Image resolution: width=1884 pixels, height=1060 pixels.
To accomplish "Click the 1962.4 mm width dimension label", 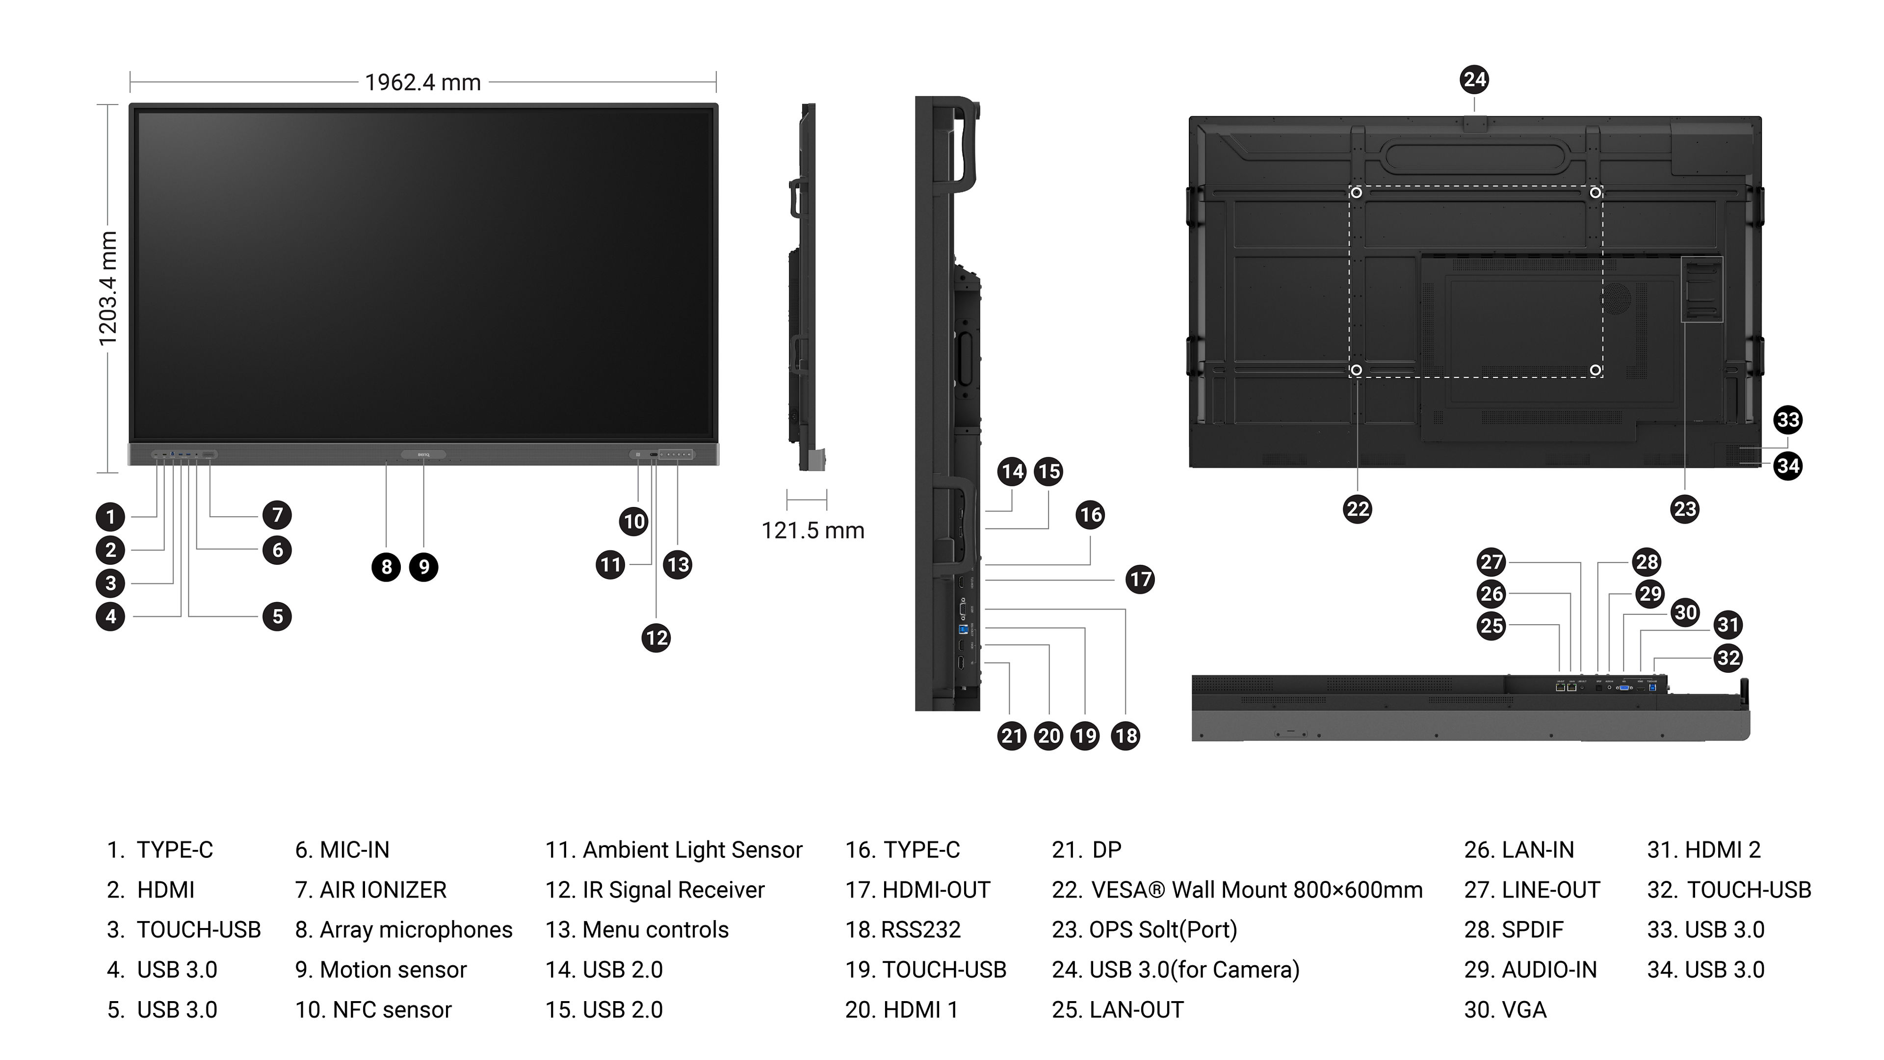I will pyautogui.click(x=423, y=82).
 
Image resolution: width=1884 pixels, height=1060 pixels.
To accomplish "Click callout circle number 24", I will pyautogui.click(x=1474, y=79).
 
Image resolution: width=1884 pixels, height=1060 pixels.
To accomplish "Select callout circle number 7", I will pyautogui.click(x=277, y=515).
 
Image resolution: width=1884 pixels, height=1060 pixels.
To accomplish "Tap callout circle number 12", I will pyautogui.click(x=656, y=638).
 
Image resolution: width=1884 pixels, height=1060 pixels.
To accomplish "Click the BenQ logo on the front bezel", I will pyautogui.click(x=423, y=455).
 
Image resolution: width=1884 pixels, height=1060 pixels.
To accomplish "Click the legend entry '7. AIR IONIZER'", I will pyautogui.click(x=371, y=890).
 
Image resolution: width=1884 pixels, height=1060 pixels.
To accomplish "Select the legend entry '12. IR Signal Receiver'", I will pyautogui.click(x=654, y=890).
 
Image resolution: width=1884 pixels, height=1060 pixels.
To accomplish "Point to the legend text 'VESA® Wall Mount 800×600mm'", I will pyautogui.click(x=1256, y=890).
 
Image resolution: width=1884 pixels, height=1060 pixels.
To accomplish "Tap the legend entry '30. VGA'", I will pyautogui.click(x=1505, y=1009).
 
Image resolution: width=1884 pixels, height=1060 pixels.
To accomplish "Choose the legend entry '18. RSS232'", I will pyautogui.click(x=903, y=930).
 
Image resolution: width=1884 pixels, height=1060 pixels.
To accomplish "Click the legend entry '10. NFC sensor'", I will pyautogui.click(x=373, y=1009).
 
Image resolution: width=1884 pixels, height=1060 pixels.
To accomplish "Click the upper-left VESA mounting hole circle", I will pyautogui.click(x=1357, y=192).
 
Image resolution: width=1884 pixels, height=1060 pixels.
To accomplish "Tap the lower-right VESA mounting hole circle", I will pyautogui.click(x=1595, y=370).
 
